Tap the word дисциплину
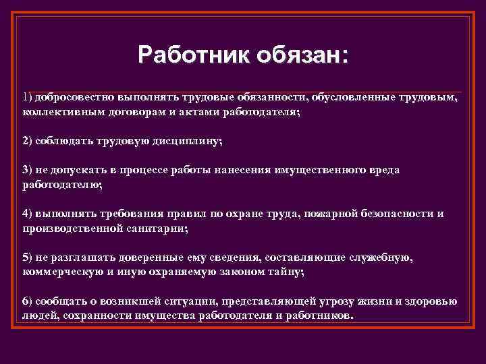pos(188,141)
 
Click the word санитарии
pos(161,228)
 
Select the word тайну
pos(288,272)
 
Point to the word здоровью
pos(434,301)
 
